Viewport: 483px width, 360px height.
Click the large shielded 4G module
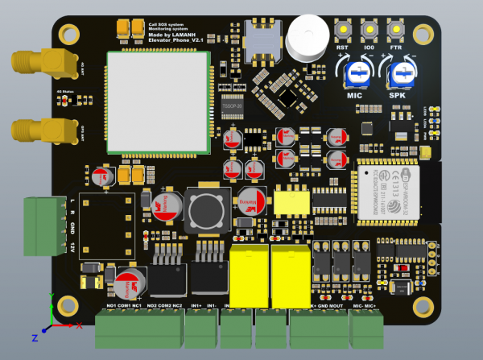coord(158,101)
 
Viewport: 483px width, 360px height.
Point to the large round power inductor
coord(207,207)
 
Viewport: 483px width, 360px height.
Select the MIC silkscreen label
coord(355,96)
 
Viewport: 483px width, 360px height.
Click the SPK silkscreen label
coord(398,96)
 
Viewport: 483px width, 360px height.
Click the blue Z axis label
coord(35,337)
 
